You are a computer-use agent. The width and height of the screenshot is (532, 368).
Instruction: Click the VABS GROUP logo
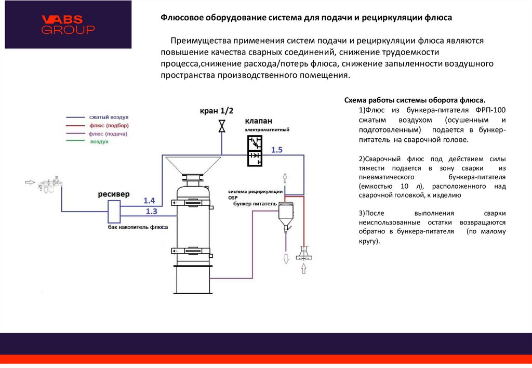pos(68,24)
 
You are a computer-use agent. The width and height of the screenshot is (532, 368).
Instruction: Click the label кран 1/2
pos(217,111)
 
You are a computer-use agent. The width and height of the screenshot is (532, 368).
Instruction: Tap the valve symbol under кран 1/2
pos(222,126)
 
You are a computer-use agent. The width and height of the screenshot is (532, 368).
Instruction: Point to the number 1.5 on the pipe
pos(276,150)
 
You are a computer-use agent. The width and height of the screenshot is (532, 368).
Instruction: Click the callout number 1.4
pos(150,201)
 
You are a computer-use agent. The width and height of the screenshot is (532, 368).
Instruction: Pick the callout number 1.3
pos(151,211)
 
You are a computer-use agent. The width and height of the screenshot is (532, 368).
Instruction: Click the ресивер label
pos(114,194)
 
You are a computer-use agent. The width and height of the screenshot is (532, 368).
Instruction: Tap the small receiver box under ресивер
pos(114,209)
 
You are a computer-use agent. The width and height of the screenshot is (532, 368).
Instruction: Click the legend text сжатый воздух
pos(109,118)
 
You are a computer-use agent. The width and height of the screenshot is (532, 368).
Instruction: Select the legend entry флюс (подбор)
pos(109,126)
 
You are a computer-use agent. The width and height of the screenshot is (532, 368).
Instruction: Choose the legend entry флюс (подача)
pos(108,134)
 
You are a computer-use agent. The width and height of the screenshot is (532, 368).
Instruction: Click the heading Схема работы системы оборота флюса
pos(415,100)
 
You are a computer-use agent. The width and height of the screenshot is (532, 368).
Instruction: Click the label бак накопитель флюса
pos(135,227)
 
